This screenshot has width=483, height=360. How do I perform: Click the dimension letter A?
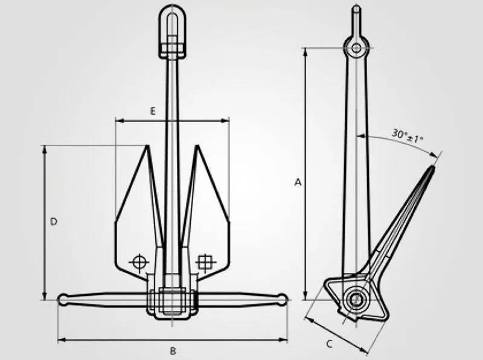297,182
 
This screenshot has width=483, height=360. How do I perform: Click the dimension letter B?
173,351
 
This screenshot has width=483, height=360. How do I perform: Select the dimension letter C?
330,344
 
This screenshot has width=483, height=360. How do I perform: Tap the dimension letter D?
54,222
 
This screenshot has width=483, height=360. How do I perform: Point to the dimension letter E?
153,111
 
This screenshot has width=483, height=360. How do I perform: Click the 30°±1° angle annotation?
407,135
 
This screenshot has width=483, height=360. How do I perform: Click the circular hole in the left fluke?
138,262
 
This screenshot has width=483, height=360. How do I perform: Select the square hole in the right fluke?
206,261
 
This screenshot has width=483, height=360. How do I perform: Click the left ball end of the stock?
63,299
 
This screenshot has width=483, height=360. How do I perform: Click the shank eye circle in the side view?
356,48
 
